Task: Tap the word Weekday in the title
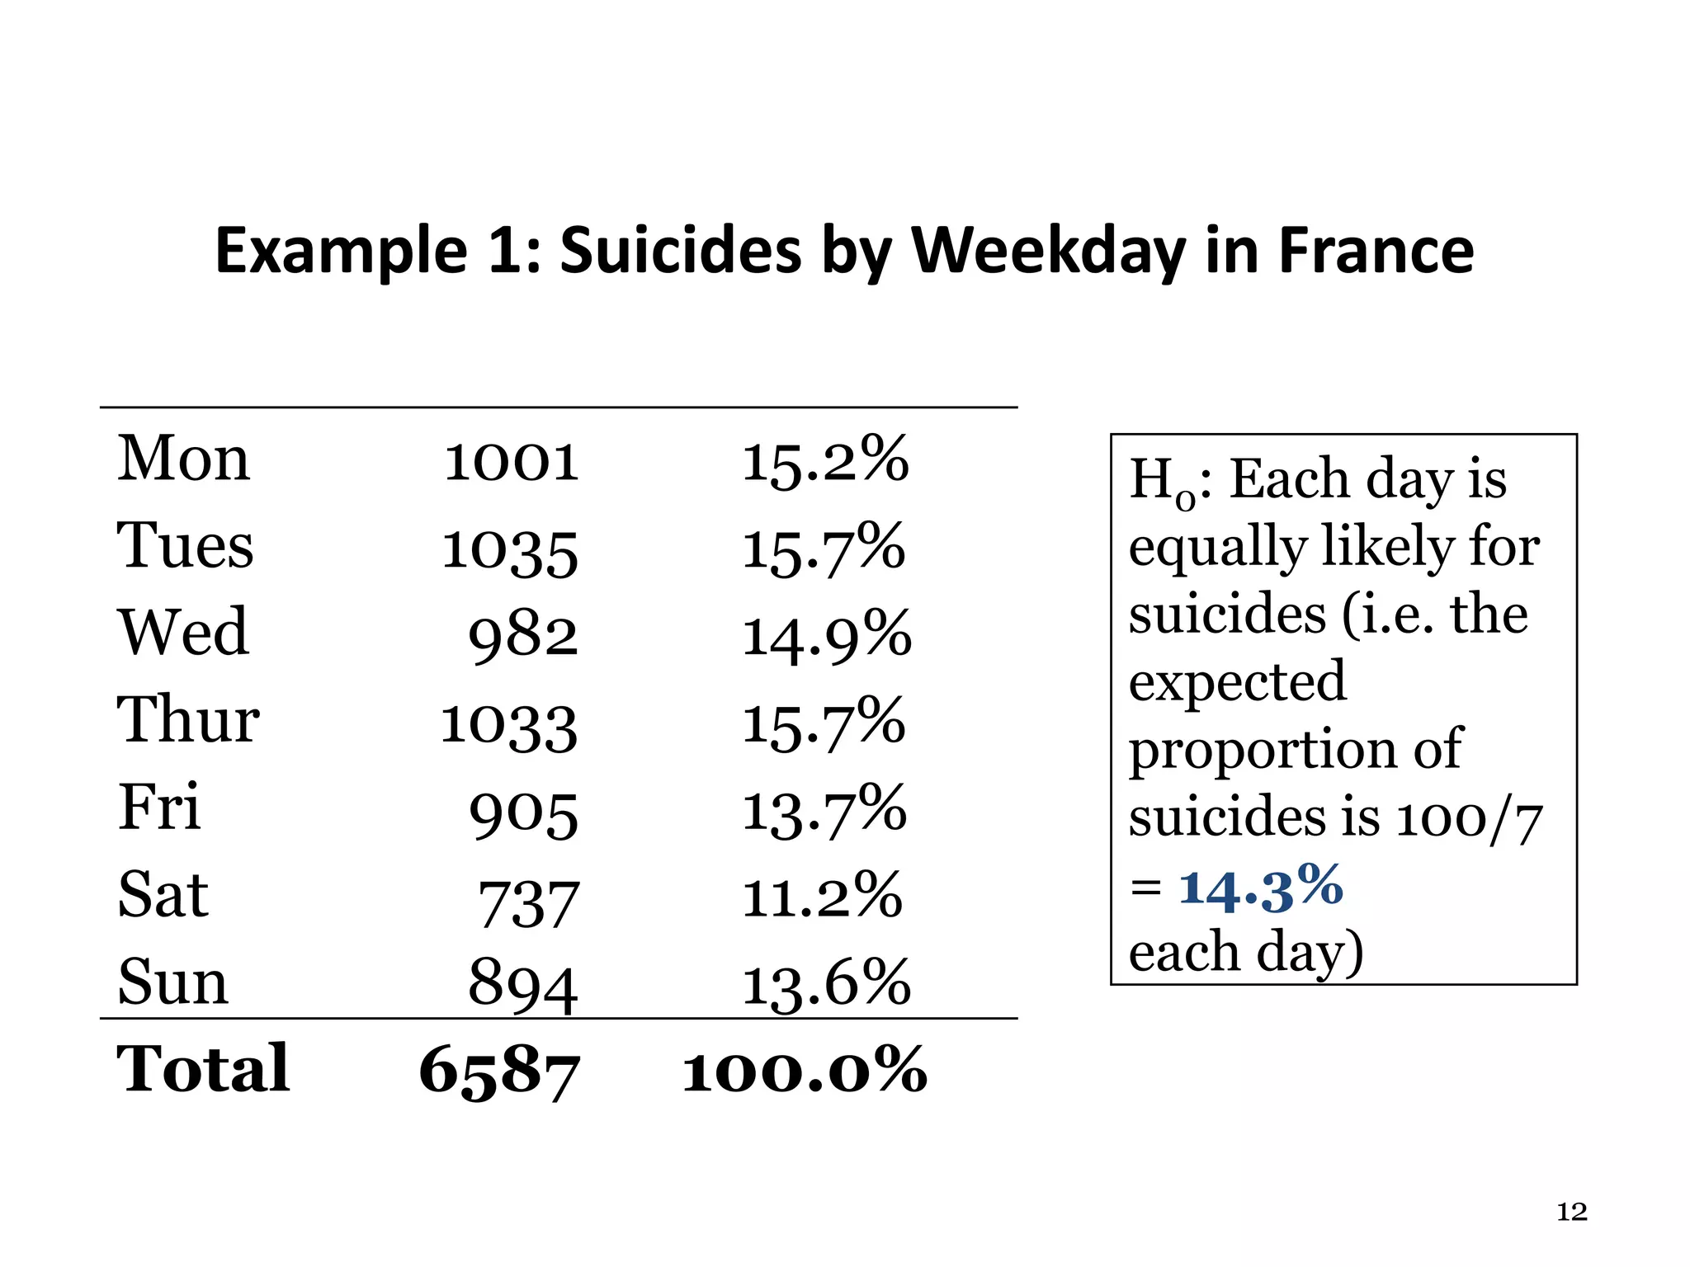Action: coord(1049,251)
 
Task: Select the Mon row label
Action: coord(183,459)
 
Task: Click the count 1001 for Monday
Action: coord(512,462)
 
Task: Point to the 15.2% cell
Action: coord(825,462)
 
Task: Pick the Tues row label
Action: coord(185,546)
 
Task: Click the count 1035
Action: coord(510,551)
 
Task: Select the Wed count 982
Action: coord(523,637)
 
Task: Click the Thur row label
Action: coord(188,720)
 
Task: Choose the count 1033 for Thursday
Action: coord(509,726)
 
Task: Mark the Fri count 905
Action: coord(524,815)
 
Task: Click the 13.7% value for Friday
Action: coord(824,812)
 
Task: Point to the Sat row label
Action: coord(163,895)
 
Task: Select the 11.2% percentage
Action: coord(822,897)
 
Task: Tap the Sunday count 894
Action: coord(523,986)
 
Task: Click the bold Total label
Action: coord(203,1069)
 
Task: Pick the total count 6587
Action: coord(499,1072)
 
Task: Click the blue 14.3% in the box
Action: coord(1261,888)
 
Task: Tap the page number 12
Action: coord(1571,1212)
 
